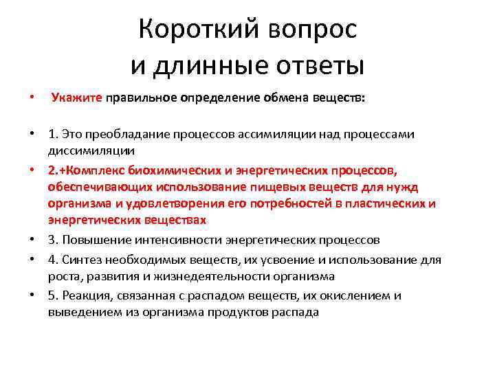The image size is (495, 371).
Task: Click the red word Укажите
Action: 76,98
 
